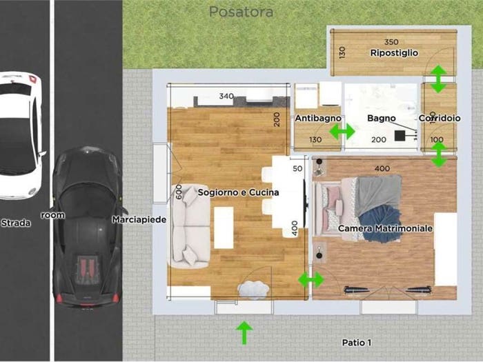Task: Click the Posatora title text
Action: (x=241, y=12)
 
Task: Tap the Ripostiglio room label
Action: (x=394, y=53)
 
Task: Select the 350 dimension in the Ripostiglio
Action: (x=391, y=42)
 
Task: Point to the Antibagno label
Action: (x=318, y=118)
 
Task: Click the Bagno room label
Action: (x=382, y=118)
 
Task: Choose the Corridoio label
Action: (x=440, y=118)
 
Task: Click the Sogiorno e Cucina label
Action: (x=238, y=192)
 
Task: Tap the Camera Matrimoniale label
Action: (x=385, y=228)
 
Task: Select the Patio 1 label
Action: (x=357, y=343)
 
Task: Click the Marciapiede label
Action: (x=139, y=219)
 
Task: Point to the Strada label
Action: (x=16, y=223)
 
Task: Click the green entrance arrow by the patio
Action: (x=244, y=333)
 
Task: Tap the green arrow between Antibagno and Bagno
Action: (x=342, y=132)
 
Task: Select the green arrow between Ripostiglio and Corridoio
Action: (x=438, y=79)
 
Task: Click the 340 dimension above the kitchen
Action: (x=226, y=97)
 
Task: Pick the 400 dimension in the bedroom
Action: (x=382, y=168)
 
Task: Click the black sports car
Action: (x=87, y=227)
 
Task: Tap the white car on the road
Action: (x=20, y=136)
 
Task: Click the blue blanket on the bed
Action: (x=379, y=223)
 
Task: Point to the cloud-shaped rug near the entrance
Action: (x=253, y=290)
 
